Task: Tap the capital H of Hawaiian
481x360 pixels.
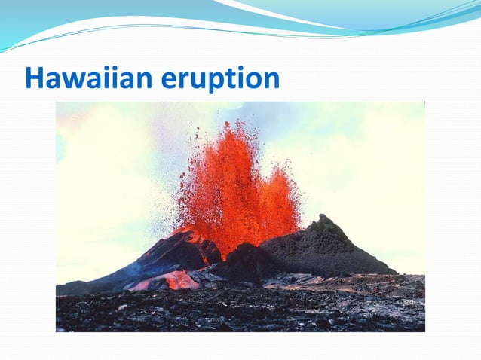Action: (33, 78)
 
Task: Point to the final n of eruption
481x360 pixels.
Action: (270, 79)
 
